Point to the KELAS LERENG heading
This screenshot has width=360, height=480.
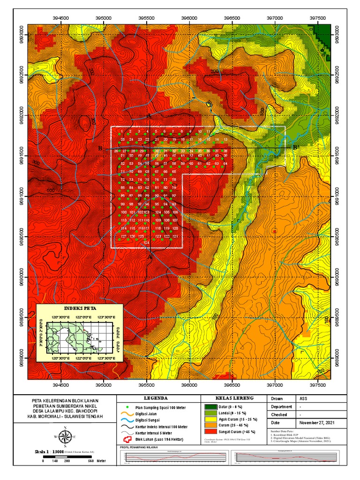point(233,398)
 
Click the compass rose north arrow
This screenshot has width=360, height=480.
point(65,436)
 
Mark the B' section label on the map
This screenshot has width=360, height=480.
point(296,148)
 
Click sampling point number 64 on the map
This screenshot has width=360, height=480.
point(225,164)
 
